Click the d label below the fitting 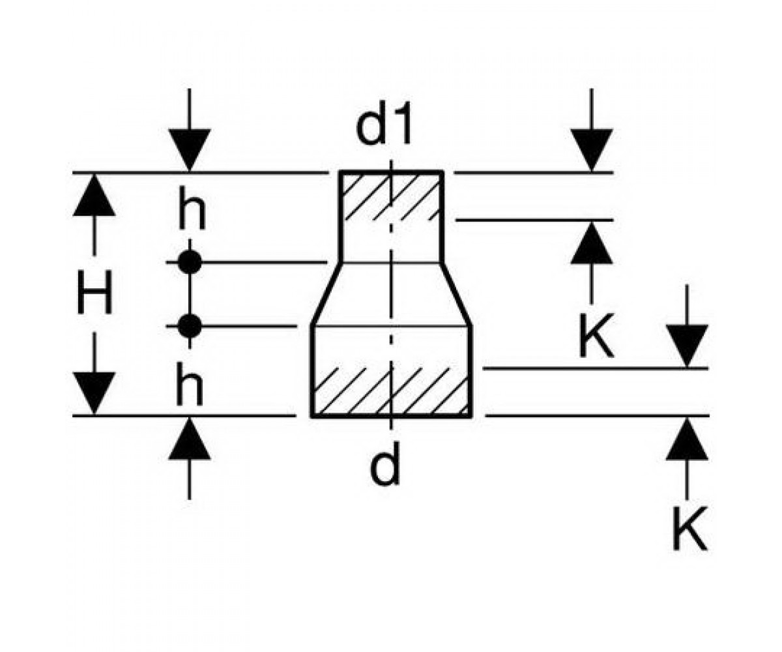[x=385, y=463]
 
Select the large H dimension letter [x=94, y=292]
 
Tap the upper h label [x=192, y=209]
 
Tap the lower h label [x=190, y=383]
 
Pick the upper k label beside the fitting [x=596, y=336]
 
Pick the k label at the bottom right [x=689, y=528]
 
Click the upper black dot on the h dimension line [x=190, y=262]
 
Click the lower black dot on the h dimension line [x=190, y=327]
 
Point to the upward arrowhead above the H [x=94, y=195]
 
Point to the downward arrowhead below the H [x=94, y=393]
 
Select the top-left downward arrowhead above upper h [x=190, y=150]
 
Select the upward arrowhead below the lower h [x=190, y=438]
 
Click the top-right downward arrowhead [x=592, y=150]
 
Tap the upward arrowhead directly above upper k [x=592, y=243]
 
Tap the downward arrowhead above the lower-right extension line [x=687, y=346]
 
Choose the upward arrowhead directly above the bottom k [x=687, y=438]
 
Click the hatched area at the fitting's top [x=392, y=197]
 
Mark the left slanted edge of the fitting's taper [x=326, y=294]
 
